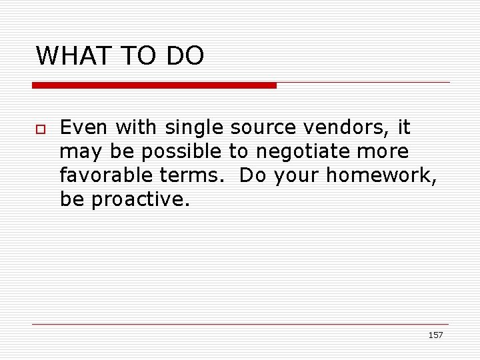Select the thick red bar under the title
(x=154, y=85)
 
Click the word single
(x=195, y=127)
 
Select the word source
(x=262, y=127)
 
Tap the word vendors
(x=341, y=127)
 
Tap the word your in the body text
(x=294, y=175)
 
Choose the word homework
(x=381, y=175)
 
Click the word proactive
(x=140, y=199)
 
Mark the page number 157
(x=435, y=335)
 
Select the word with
(x=135, y=127)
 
